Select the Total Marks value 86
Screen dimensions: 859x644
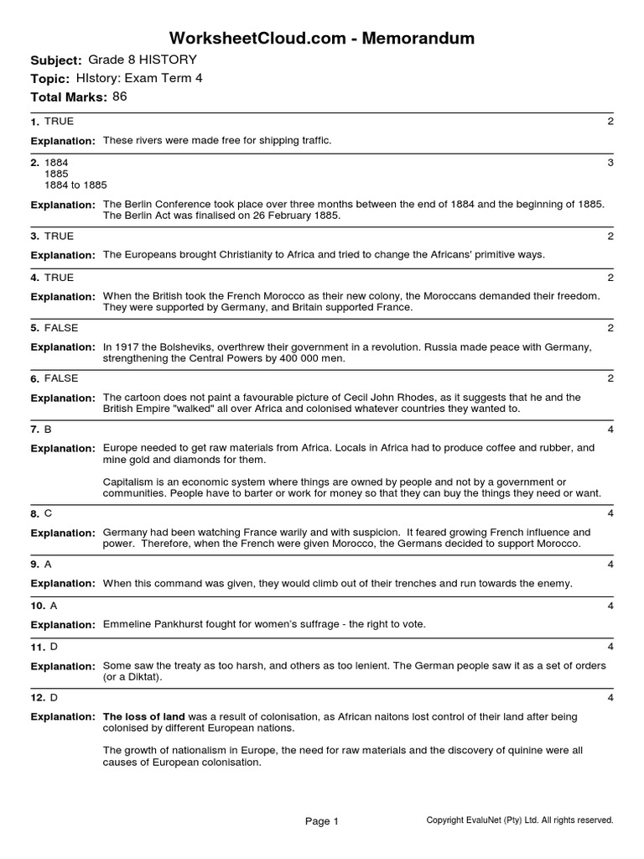tap(120, 96)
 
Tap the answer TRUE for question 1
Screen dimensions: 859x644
tap(59, 122)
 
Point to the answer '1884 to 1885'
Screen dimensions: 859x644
tap(75, 185)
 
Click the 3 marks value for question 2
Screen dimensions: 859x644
tap(610, 163)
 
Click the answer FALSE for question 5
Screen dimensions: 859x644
tap(61, 328)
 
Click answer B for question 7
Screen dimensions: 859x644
tap(48, 429)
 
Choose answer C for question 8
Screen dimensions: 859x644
tap(48, 513)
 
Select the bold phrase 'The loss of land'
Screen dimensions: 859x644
tap(143, 717)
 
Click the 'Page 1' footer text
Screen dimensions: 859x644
tap(322, 822)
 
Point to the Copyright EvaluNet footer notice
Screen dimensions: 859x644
tap(520, 820)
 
